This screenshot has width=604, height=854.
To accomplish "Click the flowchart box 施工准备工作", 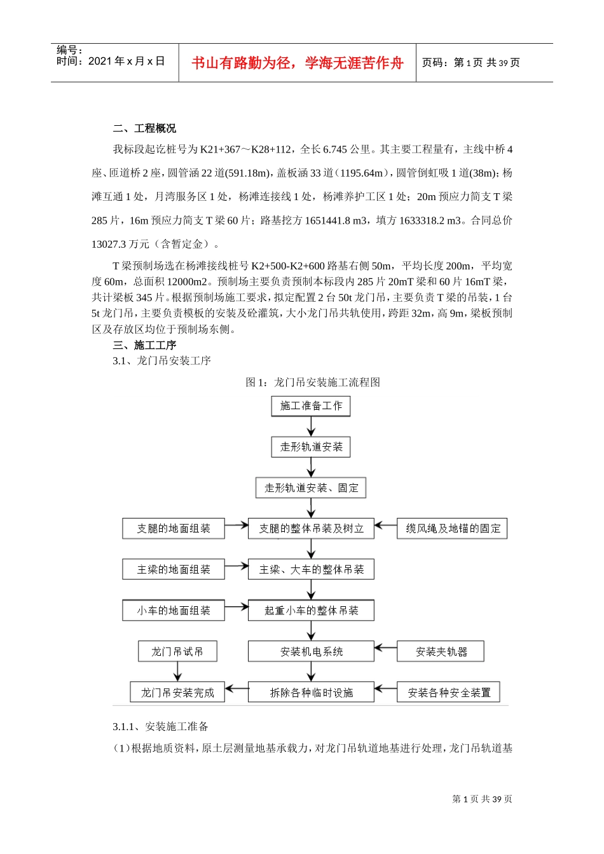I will (311, 406).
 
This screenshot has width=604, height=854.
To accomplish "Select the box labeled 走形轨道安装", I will (311, 447).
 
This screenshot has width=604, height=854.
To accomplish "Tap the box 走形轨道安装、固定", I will (311, 488).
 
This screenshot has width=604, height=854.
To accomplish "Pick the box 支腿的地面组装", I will (174, 529).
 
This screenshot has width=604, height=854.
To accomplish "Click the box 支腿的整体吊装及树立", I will (311, 529).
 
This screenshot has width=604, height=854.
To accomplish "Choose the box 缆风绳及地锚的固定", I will (452, 529).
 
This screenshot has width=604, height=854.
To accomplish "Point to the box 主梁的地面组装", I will (174, 569).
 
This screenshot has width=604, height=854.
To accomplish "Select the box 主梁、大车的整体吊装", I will (311, 569).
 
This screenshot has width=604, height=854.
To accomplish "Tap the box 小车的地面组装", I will (174, 611).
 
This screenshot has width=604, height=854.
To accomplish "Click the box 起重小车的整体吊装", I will (311, 611).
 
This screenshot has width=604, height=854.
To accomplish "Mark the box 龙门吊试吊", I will (177, 651).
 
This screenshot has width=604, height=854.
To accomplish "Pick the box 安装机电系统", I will (311, 651).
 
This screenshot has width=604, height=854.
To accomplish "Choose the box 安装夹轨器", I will (441, 651).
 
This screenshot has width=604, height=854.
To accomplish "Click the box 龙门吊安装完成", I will (177, 693).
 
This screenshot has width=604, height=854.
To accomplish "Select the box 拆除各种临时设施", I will (311, 693).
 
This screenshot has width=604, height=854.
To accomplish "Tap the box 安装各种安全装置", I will (449, 693).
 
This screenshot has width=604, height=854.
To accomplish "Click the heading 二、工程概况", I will (144, 128).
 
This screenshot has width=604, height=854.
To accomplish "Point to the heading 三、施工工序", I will (144, 345).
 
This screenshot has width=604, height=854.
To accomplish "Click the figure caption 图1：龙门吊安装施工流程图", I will (313, 382).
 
